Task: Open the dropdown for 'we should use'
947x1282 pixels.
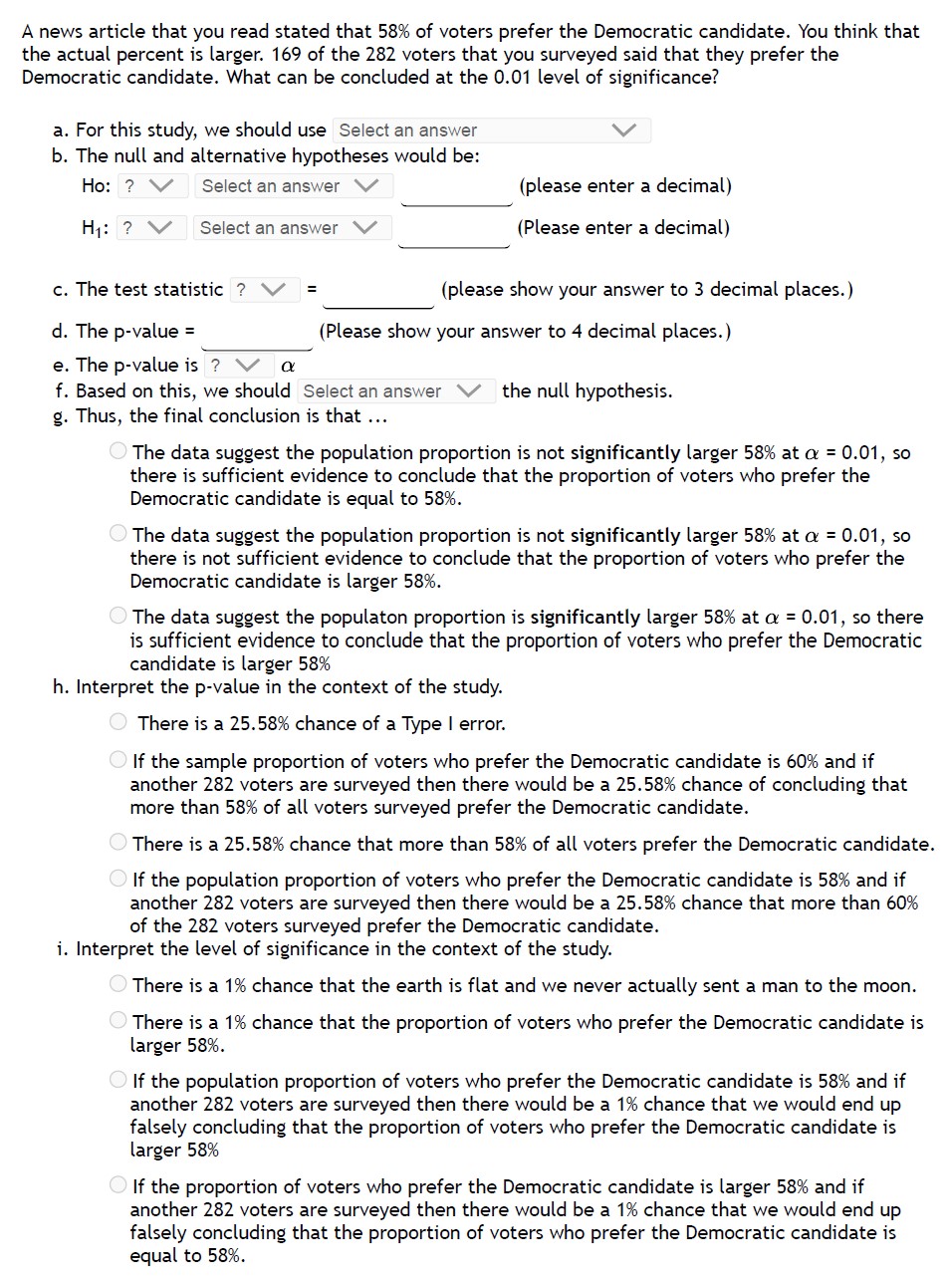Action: point(492,130)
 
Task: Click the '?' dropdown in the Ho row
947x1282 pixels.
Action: point(151,186)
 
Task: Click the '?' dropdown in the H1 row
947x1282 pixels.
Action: point(151,228)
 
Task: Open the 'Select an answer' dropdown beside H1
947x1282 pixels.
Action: point(289,228)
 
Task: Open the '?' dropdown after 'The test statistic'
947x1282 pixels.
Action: point(263,290)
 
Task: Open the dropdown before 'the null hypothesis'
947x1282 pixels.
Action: point(395,391)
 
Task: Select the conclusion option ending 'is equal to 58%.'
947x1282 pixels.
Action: point(118,452)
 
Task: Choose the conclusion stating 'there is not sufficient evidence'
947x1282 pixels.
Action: point(118,535)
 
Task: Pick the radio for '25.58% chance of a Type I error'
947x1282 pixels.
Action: point(118,723)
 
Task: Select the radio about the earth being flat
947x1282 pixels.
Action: point(118,986)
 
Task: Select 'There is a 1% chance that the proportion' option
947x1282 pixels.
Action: point(118,1022)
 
